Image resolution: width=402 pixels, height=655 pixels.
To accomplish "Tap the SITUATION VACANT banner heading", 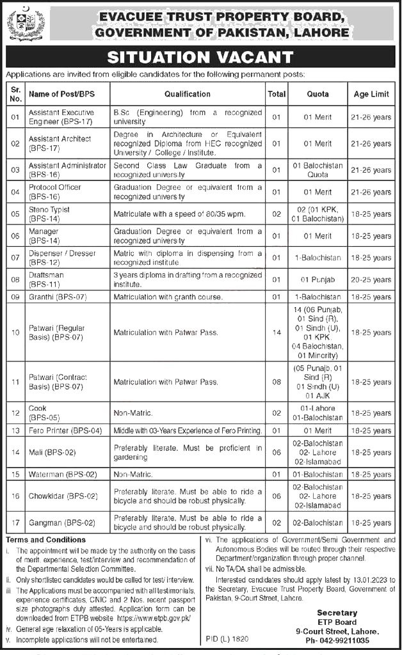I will [200, 58].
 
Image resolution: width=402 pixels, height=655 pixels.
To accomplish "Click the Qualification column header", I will [187, 94].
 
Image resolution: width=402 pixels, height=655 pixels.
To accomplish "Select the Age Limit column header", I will [371, 94].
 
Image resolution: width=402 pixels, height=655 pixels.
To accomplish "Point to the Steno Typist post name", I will [49, 210].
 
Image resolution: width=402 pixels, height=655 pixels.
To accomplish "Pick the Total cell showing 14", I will [277, 333].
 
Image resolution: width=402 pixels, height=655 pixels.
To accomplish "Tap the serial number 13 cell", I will [16, 431].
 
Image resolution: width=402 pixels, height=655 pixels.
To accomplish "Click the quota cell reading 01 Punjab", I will [318, 280].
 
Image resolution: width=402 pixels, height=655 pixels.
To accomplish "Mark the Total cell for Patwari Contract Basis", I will [277, 381].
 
